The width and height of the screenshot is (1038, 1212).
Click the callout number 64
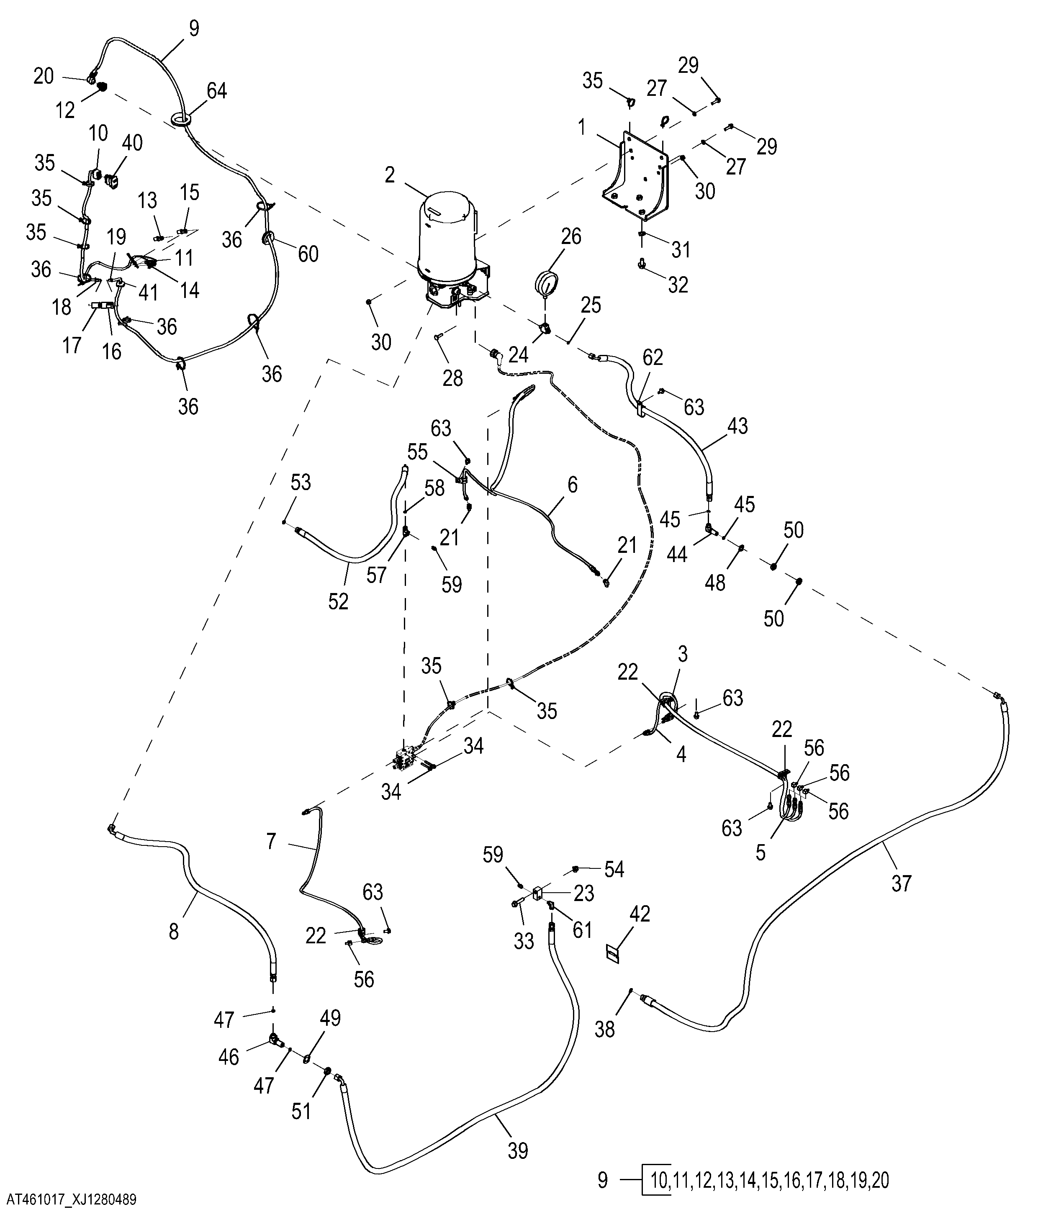[216, 91]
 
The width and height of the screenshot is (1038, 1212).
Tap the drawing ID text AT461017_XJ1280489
[69, 1200]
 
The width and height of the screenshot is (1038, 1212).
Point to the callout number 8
[174, 931]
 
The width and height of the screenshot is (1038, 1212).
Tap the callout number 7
[271, 842]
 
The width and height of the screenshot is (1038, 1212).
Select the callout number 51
[301, 1111]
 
